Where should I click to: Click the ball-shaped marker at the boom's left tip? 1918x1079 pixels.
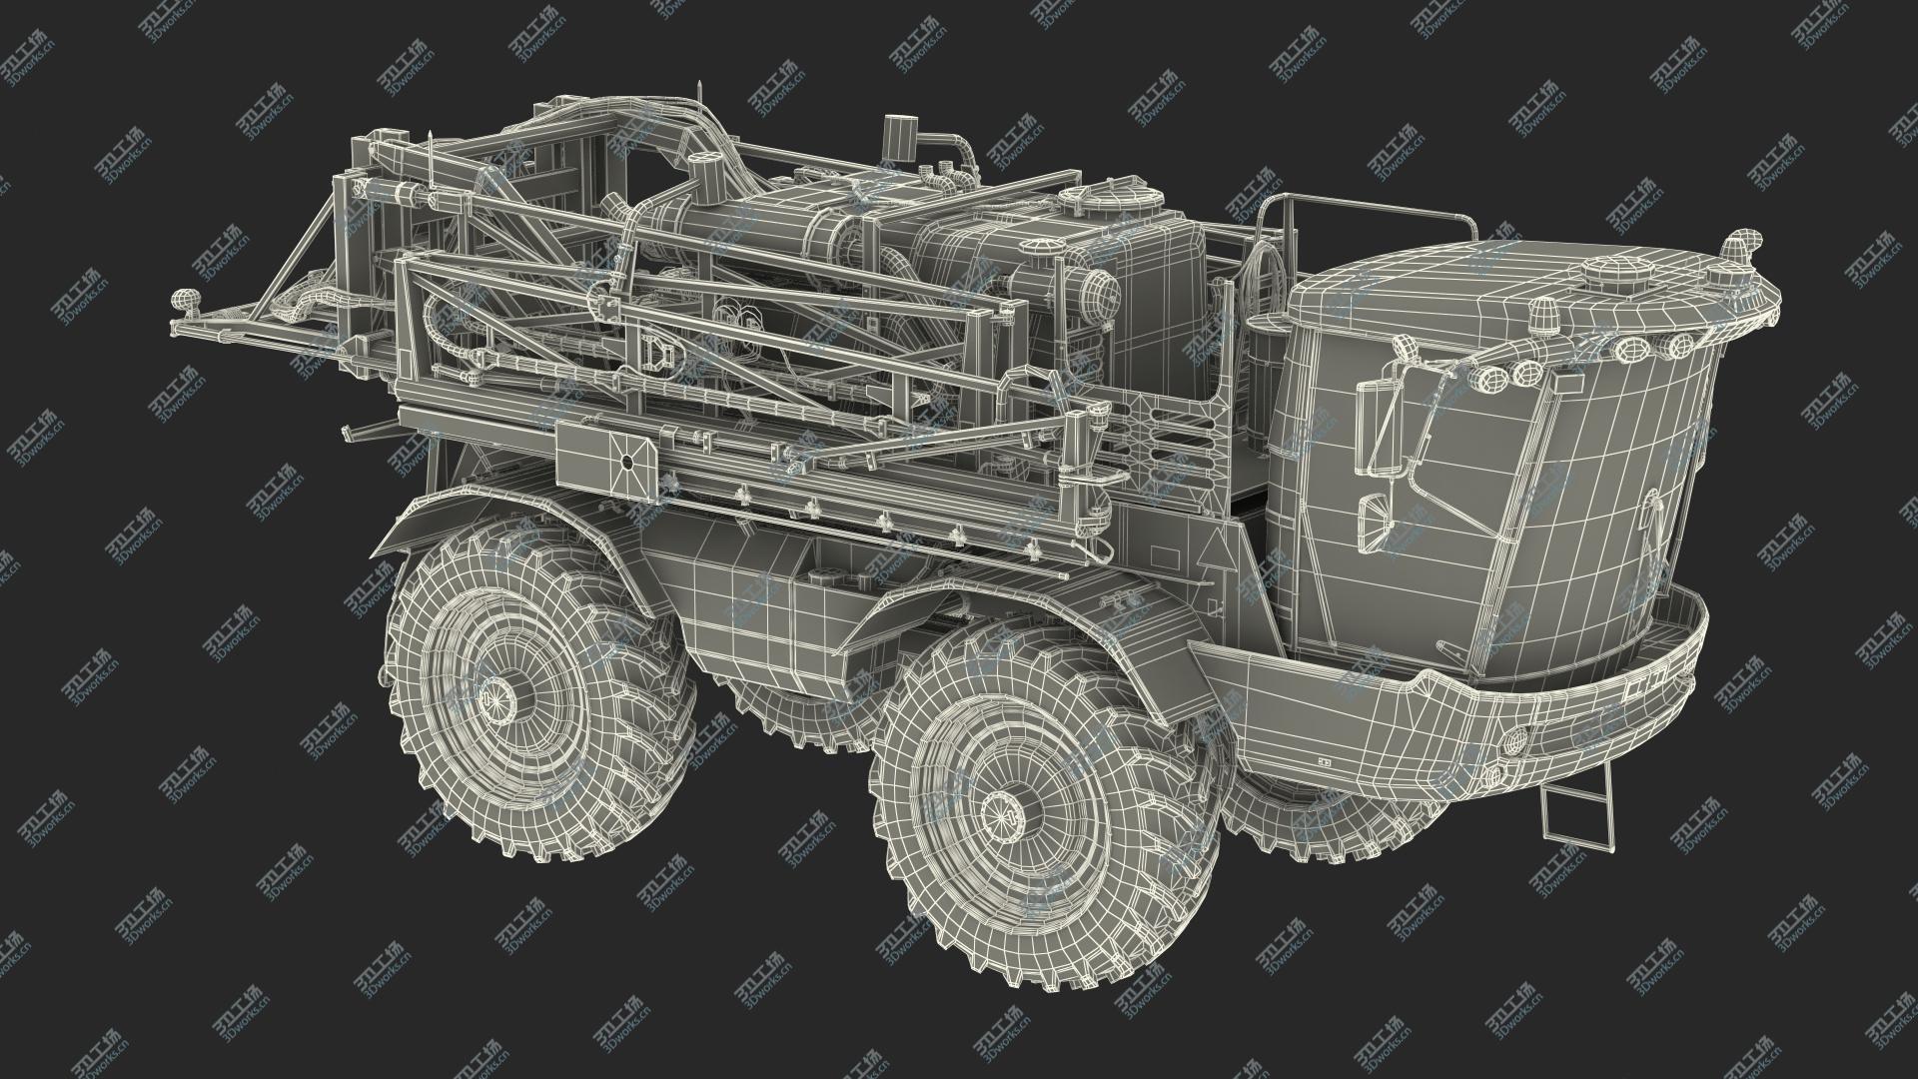(186, 300)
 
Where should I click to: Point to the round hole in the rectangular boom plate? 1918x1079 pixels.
(627, 463)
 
